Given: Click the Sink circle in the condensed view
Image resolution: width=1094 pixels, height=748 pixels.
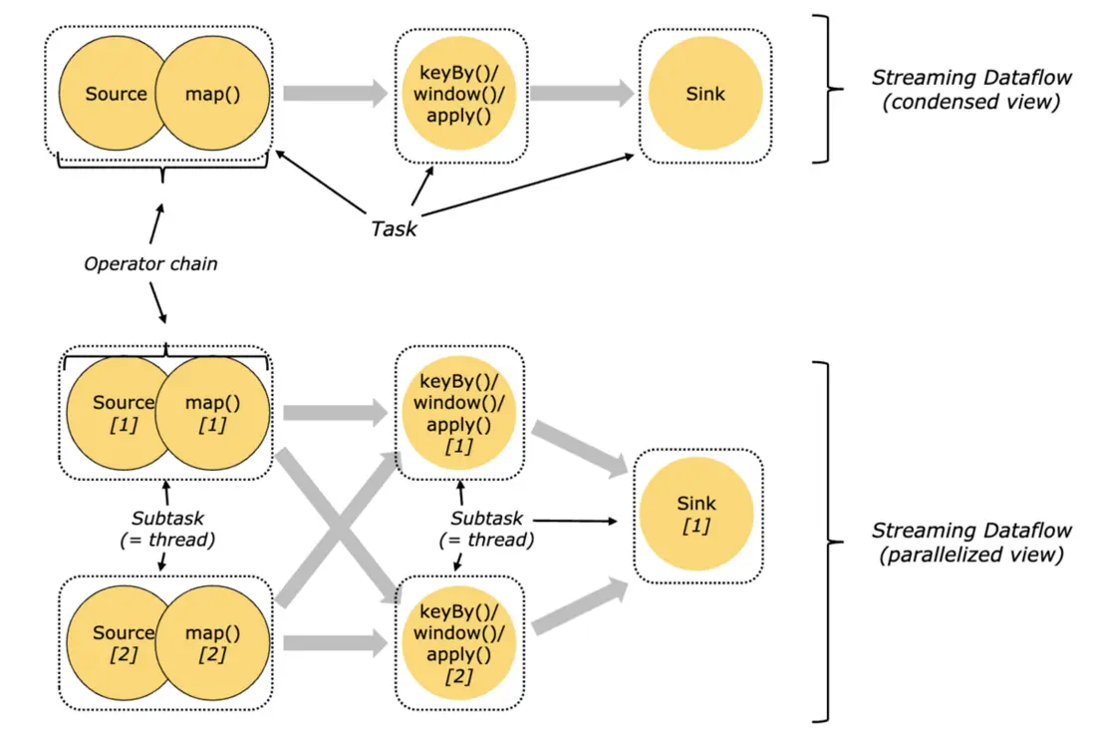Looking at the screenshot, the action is (705, 94).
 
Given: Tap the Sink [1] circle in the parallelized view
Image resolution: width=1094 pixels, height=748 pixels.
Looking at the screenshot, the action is (696, 514).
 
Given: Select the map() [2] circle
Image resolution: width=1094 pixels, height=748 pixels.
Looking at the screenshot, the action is (212, 643).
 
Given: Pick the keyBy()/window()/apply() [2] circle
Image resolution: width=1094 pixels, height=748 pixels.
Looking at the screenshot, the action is (458, 643).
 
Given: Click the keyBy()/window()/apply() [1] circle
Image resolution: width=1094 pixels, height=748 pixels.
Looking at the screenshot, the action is (458, 413).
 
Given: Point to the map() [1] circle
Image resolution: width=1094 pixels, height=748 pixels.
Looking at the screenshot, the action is (212, 413).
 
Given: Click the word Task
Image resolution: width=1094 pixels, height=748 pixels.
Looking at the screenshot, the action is (394, 228).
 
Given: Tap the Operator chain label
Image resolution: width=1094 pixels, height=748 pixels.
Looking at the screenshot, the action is (150, 263).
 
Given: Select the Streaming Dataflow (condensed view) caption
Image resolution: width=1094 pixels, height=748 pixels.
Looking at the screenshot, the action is (971, 90).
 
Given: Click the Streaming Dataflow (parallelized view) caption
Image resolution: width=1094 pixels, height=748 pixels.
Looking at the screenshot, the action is (971, 542).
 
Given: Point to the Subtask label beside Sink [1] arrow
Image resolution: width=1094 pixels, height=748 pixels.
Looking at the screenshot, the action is (486, 529).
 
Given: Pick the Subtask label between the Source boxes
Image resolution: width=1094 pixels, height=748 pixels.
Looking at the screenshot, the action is (167, 529).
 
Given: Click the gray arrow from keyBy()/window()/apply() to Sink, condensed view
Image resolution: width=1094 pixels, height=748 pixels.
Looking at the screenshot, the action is (582, 93).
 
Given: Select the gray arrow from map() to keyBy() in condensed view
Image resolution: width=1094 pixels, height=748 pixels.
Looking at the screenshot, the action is (336, 93).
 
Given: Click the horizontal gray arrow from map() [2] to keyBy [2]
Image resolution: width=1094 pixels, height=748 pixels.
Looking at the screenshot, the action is (336, 643).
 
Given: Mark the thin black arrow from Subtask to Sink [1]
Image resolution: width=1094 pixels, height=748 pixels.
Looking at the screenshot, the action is (575, 521).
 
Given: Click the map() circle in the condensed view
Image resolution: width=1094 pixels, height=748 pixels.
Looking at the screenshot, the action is (212, 94).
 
